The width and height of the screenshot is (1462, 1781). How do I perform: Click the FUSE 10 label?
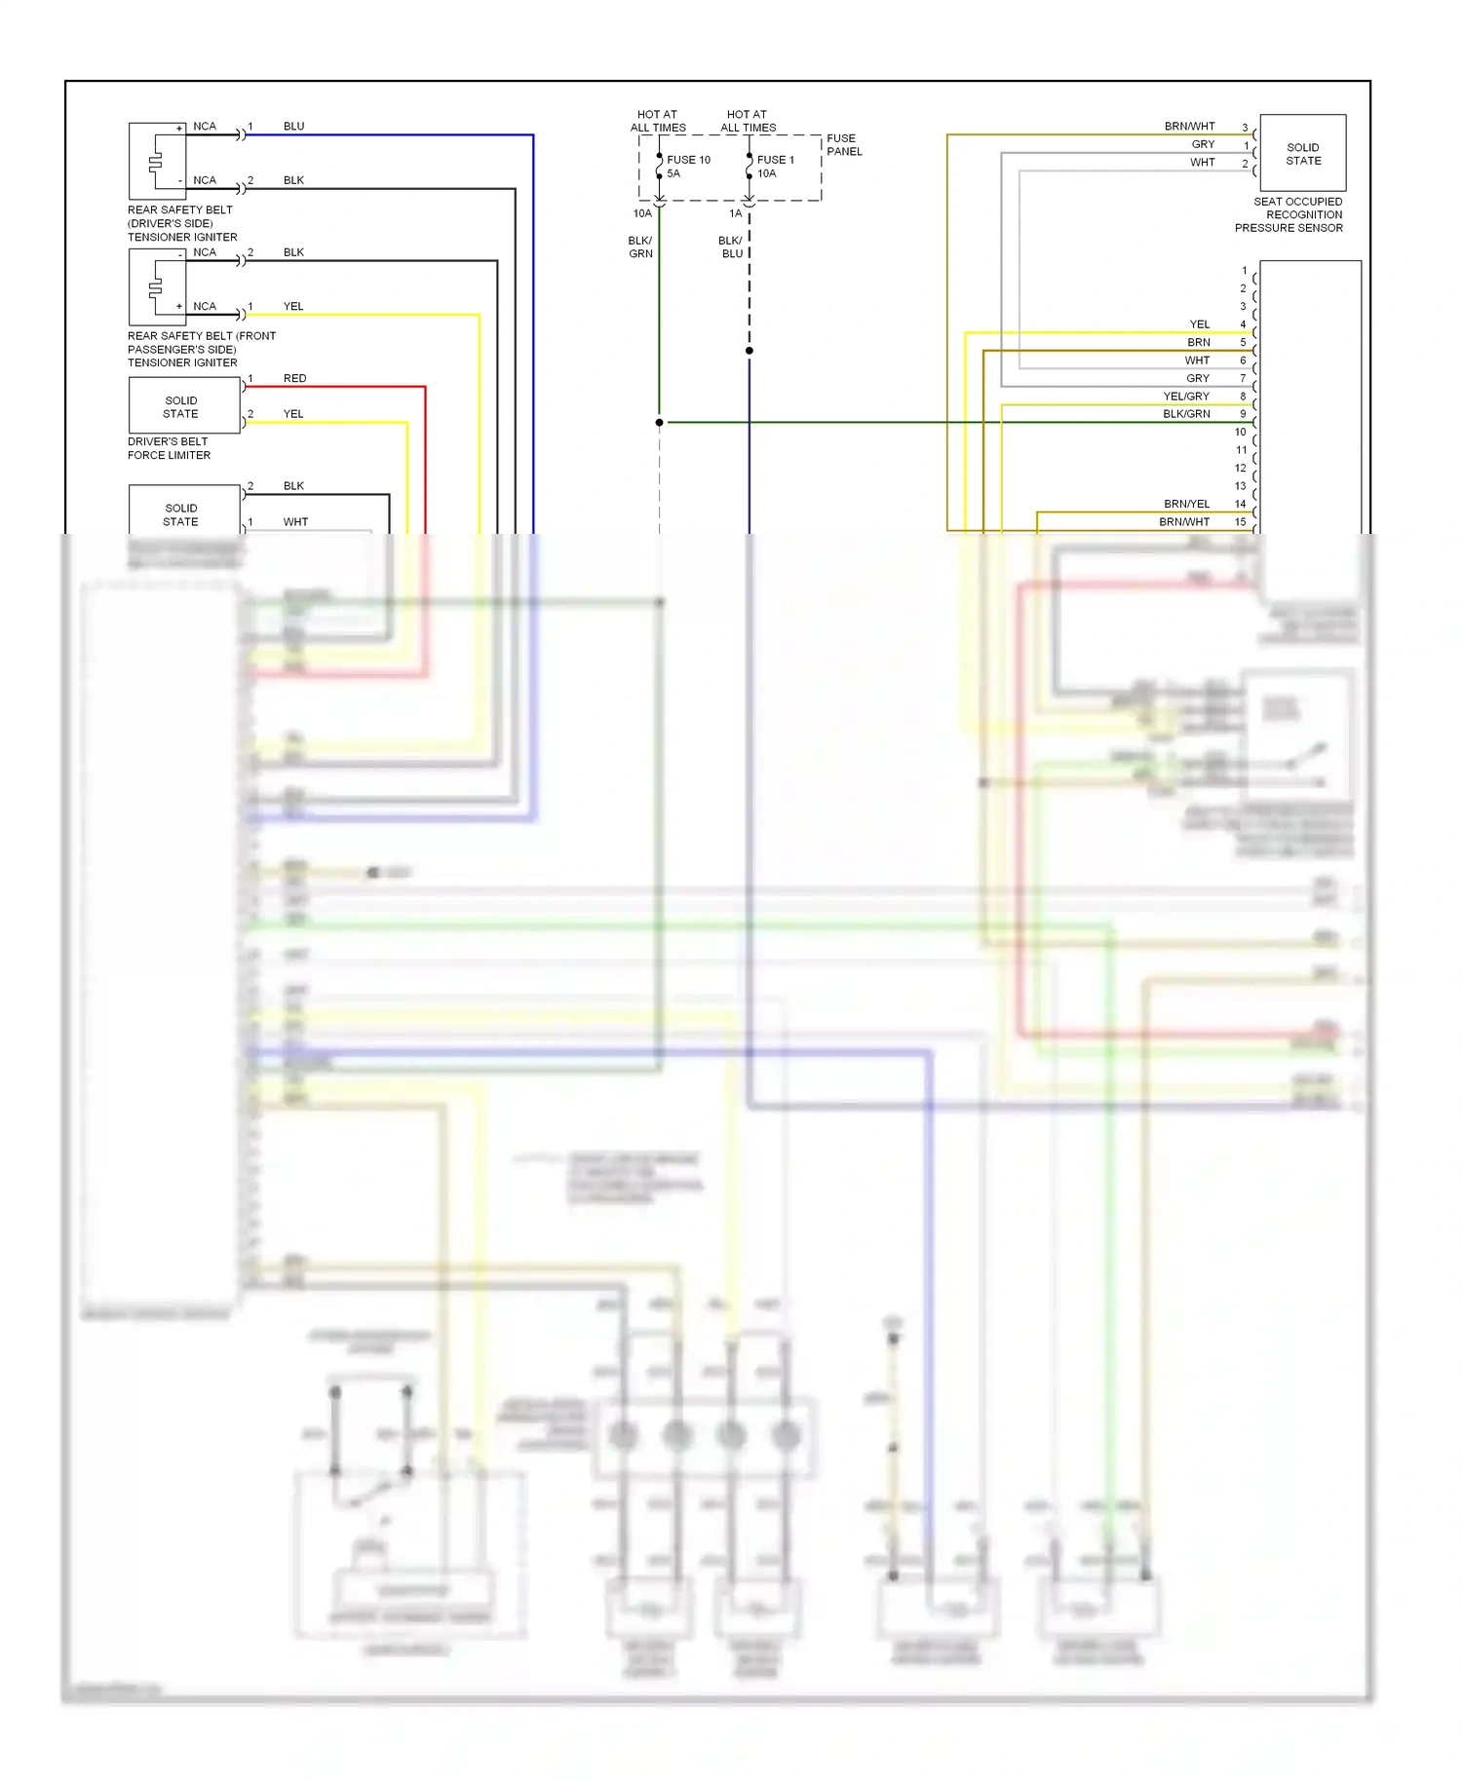coord(688,160)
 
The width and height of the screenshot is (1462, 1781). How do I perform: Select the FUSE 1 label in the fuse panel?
coord(775,160)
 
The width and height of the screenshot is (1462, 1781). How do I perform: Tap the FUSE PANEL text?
coord(844,145)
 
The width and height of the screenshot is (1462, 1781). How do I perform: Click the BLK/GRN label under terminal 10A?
coord(640,247)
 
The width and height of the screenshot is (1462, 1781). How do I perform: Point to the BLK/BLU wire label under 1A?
coord(731,247)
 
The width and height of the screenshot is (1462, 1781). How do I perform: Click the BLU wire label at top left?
coord(293,127)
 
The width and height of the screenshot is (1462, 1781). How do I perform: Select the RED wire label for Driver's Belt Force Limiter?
coord(294,378)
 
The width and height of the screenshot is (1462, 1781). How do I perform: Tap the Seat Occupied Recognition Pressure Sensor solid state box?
coord(1302,154)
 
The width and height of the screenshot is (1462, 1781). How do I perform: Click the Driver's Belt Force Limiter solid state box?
coord(183,406)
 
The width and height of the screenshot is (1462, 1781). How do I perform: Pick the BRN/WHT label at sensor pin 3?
coord(1189,127)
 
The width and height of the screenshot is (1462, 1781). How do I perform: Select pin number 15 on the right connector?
coord(1240,522)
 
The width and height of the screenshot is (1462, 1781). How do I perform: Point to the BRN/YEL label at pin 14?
coord(1186,504)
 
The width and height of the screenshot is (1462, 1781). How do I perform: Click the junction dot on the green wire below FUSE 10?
coord(660,423)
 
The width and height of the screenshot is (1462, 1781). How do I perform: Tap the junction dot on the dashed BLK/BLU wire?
coord(750,351)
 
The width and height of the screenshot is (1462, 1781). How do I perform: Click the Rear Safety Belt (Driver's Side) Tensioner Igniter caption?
coord(182,223)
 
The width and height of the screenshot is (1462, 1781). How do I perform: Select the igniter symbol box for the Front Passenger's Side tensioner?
coord(157,286)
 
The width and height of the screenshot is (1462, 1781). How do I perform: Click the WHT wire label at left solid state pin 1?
coord(295,522)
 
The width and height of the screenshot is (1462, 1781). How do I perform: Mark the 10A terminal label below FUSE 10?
coord(642,213)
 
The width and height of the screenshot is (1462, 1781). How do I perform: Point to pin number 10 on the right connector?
coord(1240,432)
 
